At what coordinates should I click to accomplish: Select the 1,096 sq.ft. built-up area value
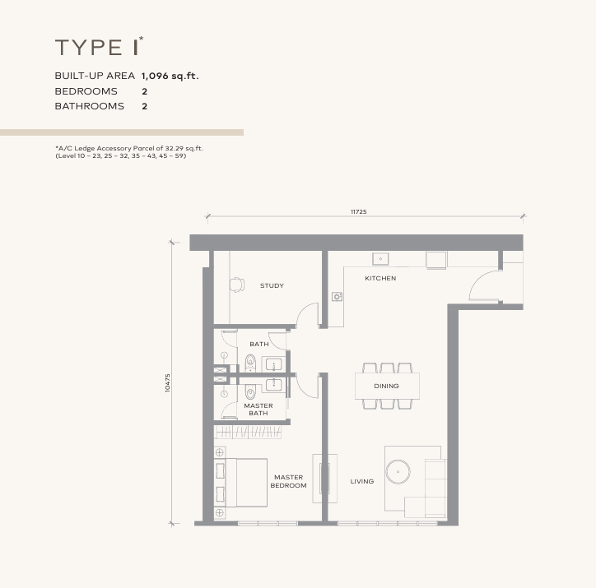pyautogui.click(x=170, y=76)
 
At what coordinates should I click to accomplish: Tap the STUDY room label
pyautogui.click(x=272, y=285)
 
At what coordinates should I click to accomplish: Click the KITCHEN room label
pyautogui.click(x=380, y=278)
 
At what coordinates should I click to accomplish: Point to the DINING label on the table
pyautogui.click(x=386, y=386)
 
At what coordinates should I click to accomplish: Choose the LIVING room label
pyautogui.click(x=361, y=481)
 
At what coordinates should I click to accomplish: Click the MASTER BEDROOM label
pyautogui.click(x=288, y=481)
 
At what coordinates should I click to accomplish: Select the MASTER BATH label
pyautogui.click(x=258, y=409)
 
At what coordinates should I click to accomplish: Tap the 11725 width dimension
pyautogui.click(x=358, y=212)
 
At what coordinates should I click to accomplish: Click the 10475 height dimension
pyautogui.click(x=168, y=384)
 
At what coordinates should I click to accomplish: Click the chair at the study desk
pyautogui.click(x=237, y=285)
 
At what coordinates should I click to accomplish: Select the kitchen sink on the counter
pyautogui.click(x=381, y=259)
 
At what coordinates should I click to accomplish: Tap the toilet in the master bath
pyautogui.click(x=249, y=391)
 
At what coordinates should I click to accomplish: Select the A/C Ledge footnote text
pyautogui.click(x=128, y=151)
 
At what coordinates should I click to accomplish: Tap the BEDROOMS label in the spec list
pyautogui.click(x=86, y=91)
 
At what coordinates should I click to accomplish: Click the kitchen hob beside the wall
pyautogui.click(x=337, y=296)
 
